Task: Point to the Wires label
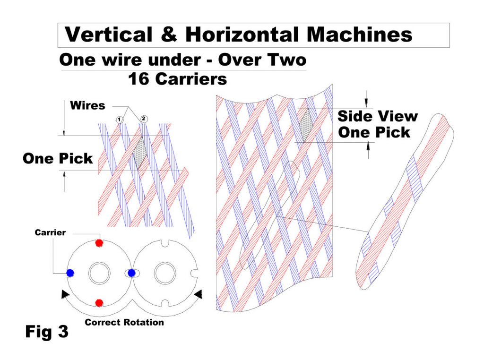[x=87, y=105]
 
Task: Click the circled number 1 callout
[x=120, y=120]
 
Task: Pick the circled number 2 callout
[x=143, y=119]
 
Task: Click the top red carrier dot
[x=99, y=243]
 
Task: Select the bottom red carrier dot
[x=99, y=302]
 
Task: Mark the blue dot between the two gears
[x=132, y=273]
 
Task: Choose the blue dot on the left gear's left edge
[x=70, y=273]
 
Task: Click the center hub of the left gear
[x=100, y=273]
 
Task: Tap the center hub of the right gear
[x=165, y=273]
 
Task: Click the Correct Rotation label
[x=124, y=323]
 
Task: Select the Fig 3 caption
[x=46, y=332]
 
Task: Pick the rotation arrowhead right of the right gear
[x=199, y=294]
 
